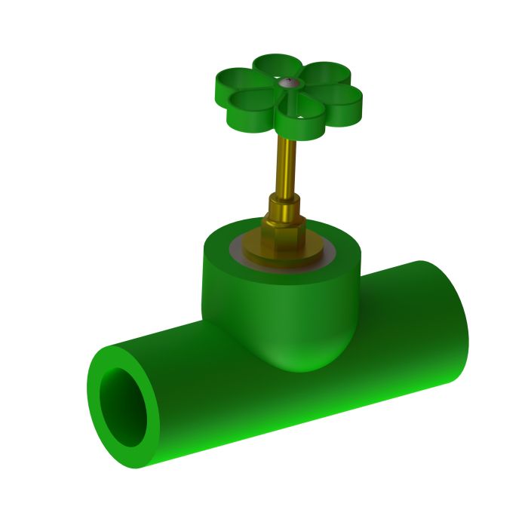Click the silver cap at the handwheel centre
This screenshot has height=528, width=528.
[287, 84]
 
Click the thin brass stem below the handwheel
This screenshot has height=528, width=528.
[288, 162]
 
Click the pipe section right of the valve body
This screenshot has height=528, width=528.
[400, 332]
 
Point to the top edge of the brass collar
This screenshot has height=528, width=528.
[285, 197]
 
